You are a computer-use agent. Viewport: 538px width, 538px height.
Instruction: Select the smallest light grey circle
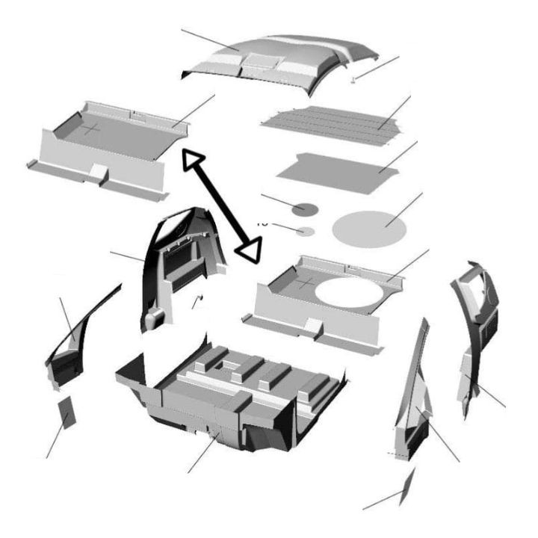304,232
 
